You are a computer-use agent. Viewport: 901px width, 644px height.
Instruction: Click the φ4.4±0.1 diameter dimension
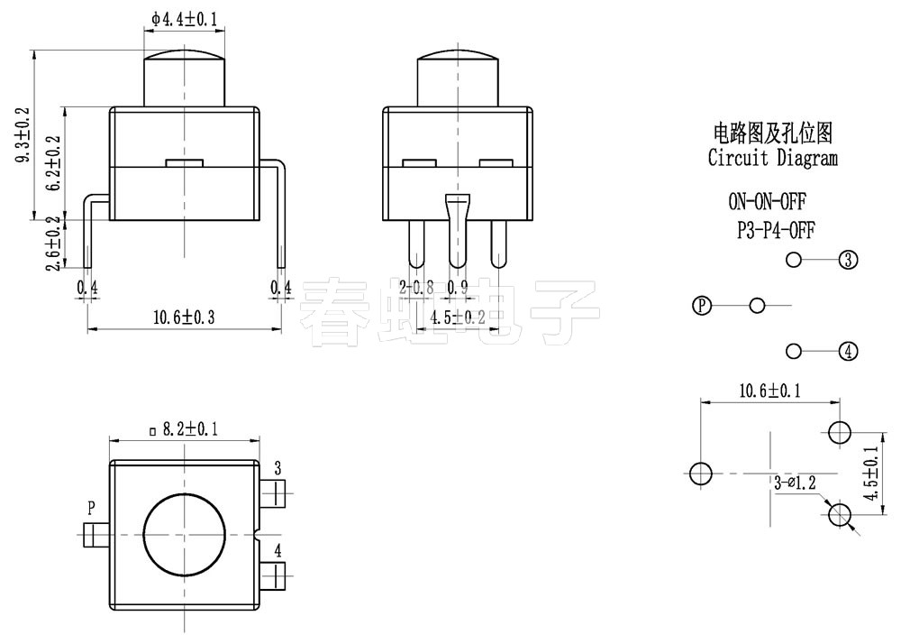click(x=185, y=17)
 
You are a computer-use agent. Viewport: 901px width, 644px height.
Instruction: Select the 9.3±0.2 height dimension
click(x=23, y=135)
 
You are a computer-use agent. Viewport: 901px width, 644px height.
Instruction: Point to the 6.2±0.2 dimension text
click(x=55, y=163)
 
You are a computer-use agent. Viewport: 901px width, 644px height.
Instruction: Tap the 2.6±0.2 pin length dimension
click(x=55, y=243)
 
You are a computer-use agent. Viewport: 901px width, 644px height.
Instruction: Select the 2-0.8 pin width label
click(x=417, y=288)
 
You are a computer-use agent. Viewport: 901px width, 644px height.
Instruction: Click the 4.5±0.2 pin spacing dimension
click(x=458, y=317)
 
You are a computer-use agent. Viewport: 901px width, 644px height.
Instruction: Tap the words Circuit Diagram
click(x=772, y=159)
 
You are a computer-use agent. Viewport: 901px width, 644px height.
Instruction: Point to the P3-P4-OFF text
click(x=776, y=231)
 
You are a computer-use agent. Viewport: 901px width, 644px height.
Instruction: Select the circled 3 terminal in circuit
click(x=848, y=261)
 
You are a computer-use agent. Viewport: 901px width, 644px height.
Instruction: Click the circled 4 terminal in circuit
click(x=848, y=351)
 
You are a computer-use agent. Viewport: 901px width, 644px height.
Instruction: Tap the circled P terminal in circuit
click(x=701, y=306)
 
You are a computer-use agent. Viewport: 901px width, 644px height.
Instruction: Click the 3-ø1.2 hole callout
click(x=794, y=483)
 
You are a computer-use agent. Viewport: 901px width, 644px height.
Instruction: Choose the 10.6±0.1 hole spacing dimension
click(x=770, y=391)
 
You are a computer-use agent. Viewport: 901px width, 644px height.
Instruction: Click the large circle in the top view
click(x=185, y=535)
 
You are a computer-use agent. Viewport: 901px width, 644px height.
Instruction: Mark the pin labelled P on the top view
click(x=93, y=535)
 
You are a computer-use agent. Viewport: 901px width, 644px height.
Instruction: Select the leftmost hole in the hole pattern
click(x=700, y=473)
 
